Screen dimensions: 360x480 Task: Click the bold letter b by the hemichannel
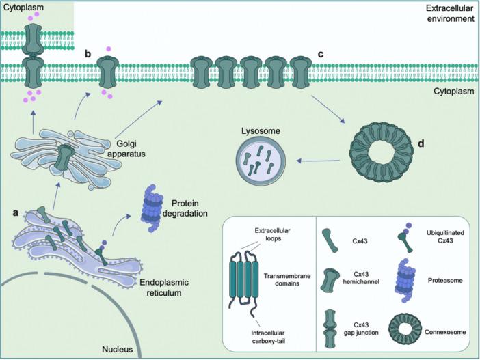pyautogui.click(x=87, y=53)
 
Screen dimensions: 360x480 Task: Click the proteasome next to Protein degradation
pyautogui.click(x=159, y=208)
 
